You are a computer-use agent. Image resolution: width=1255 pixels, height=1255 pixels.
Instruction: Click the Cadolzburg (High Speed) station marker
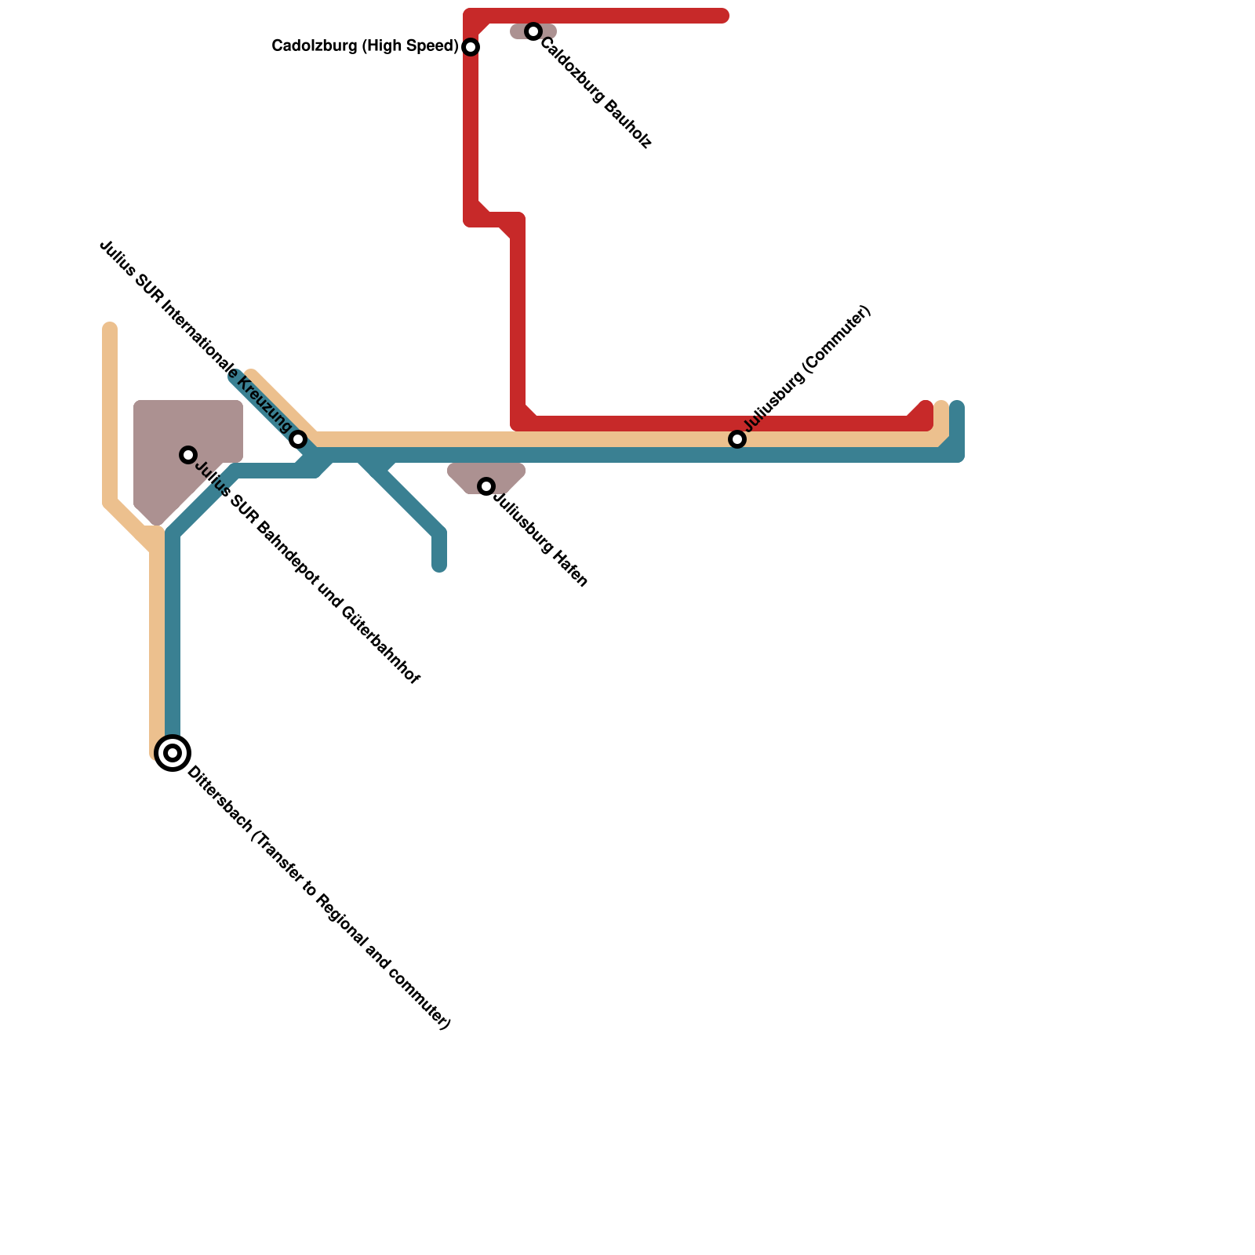[471, 47]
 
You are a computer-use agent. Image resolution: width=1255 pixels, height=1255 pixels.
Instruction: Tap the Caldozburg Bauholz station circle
[533, 31]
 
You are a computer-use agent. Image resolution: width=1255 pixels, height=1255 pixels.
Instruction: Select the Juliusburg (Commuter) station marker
[737, 439]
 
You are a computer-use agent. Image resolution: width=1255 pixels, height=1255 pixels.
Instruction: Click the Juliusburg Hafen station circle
[486, 486]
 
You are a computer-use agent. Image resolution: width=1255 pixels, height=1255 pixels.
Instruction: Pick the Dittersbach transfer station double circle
[173, 753]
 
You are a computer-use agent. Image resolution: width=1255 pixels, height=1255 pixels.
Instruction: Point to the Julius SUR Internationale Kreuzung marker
[298, 439]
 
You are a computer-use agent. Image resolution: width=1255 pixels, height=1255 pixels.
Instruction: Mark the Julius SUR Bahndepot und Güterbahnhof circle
[188, 455]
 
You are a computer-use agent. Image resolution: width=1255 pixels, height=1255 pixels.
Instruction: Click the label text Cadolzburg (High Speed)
[365, 46]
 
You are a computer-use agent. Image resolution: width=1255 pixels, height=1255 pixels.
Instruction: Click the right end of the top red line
[723, 16]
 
